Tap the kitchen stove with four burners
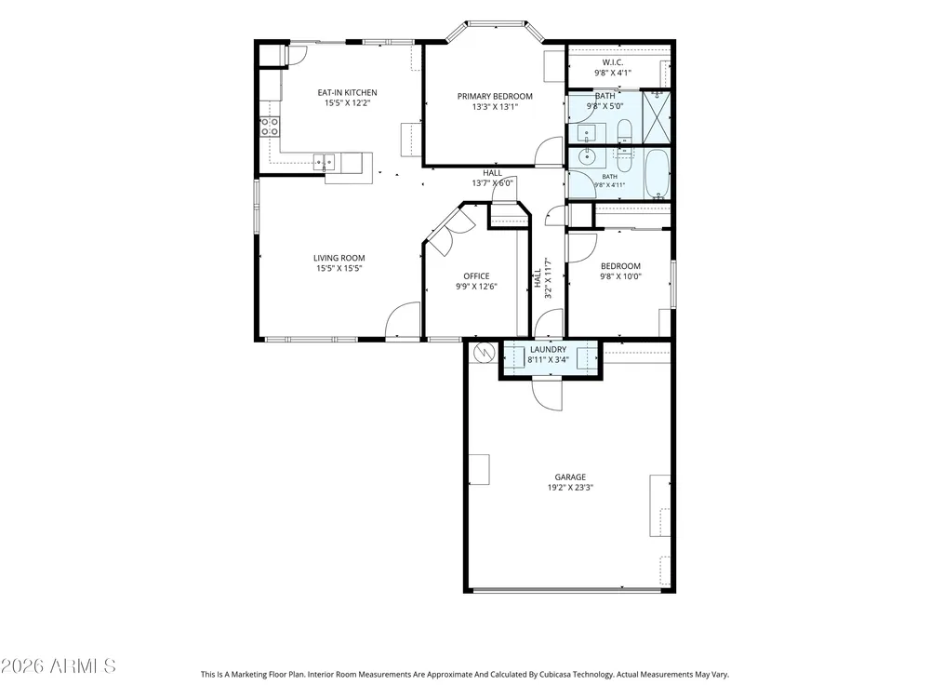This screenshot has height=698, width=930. click(x=270, y=127)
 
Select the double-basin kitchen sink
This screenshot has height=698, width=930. click(x=324, y=161)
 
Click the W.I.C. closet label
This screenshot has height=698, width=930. click(x=613, y=62)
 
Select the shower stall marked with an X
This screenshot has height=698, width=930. click(x=657, y=116)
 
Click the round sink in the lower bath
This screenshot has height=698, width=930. click(x=588, y=157)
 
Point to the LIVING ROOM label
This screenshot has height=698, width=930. click(x=339, y=258)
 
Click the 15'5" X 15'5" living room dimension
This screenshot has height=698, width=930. click(x=339, y=268)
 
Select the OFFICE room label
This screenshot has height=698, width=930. click(x=476, y=276)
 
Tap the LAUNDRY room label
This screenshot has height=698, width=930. click(x=548, y=349)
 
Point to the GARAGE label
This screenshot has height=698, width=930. click(x=570, y=477)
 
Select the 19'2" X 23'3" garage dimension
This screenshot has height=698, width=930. click(x=570, y=488)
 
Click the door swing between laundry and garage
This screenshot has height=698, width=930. click(x=547, y=393)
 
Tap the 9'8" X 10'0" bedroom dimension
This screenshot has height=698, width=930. click(x=620, y=276)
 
